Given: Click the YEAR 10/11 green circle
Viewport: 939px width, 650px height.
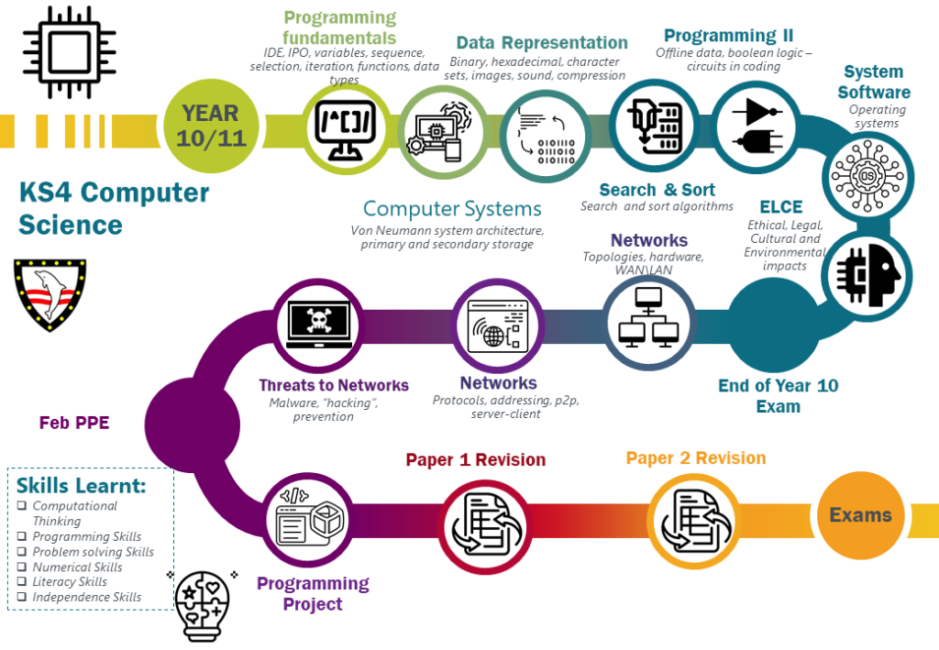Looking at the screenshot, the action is pos(211,127).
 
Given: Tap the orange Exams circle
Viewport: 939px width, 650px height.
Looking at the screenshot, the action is pos(860,515).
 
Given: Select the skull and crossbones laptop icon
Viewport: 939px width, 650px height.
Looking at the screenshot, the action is pos(318,324).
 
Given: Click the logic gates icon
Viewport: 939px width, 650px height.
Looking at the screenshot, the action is pos(757,127).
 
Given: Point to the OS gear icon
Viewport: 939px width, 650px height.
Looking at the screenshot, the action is pos(867,177).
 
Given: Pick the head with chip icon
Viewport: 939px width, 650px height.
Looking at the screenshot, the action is pos(867,275).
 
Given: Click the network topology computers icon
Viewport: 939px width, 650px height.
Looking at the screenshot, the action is pos(648,318).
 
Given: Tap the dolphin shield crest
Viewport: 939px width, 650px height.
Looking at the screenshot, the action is pos(50,294).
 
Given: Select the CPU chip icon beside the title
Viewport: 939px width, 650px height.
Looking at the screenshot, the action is pos(70,52).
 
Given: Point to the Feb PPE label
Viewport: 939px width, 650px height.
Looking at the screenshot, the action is pos(74,423).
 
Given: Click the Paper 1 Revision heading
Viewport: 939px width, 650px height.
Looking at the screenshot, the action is pos(476,459).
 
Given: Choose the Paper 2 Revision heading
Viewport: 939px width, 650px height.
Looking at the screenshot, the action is pos(696,457).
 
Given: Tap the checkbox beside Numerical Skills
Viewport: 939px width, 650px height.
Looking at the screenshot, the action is pos(22,567).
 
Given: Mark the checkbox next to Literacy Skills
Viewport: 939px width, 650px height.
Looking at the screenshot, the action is pos(22,581).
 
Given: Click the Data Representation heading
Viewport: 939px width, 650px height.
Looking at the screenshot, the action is pos(542,42).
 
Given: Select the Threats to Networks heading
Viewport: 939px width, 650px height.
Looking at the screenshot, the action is pos(334,385).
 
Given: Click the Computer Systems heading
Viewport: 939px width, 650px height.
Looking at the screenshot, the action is pos(452,208).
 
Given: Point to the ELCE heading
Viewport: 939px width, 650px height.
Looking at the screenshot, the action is pos(781,207).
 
